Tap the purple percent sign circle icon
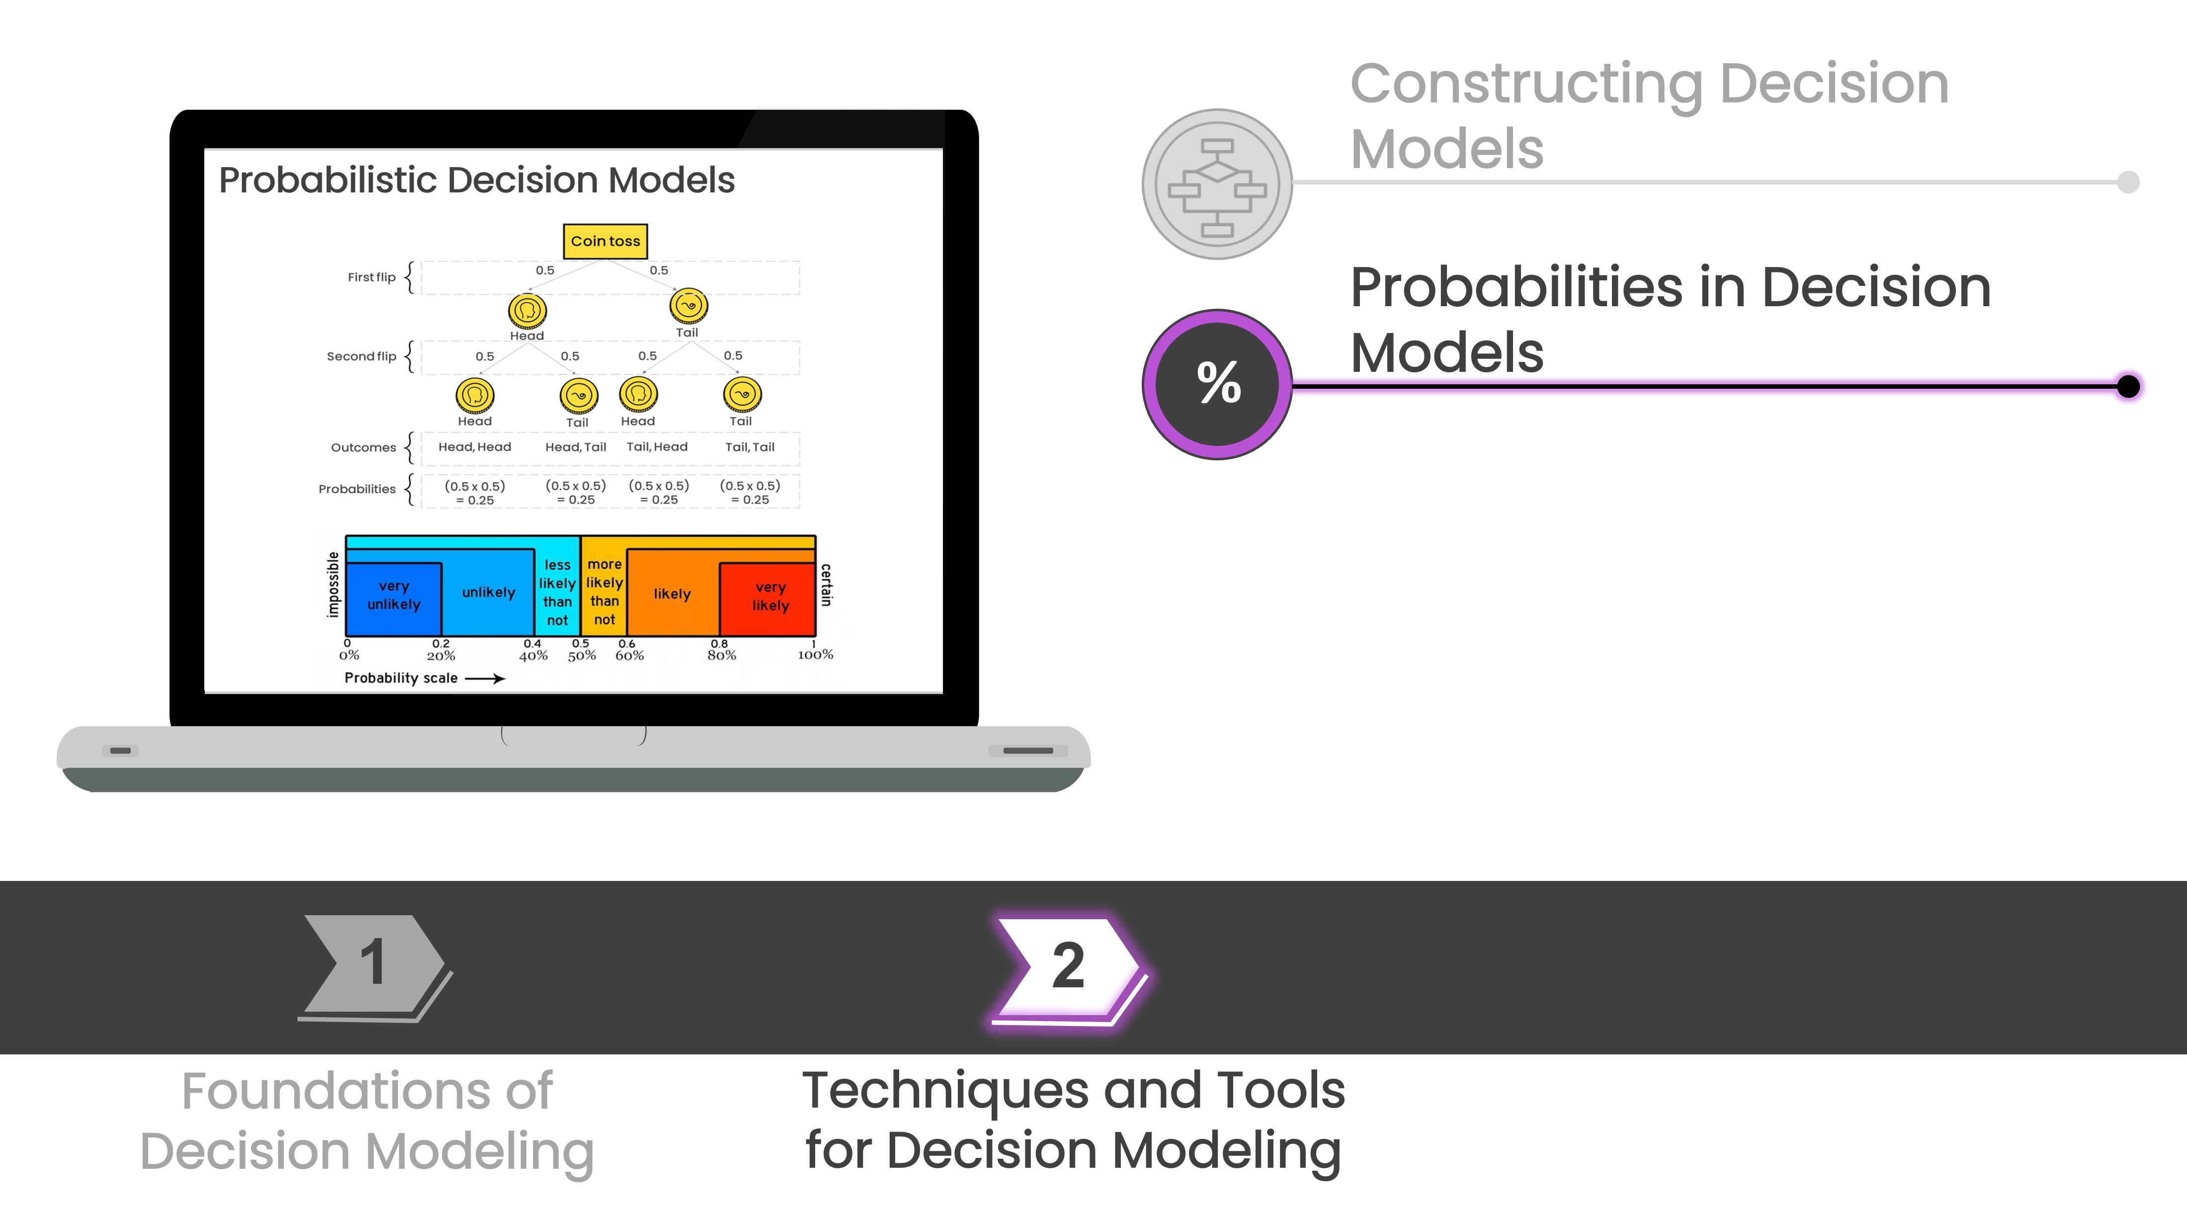pos(1217,384)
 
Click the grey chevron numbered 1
pos(374,964)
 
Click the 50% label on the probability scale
pos(582,655)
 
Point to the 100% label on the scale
pos(815,654)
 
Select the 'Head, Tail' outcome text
pos(576,447)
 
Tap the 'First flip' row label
pos(371,277)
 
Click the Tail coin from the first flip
pos(688,306)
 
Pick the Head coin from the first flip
pos(527,311)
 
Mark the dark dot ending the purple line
pos(2128,386)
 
